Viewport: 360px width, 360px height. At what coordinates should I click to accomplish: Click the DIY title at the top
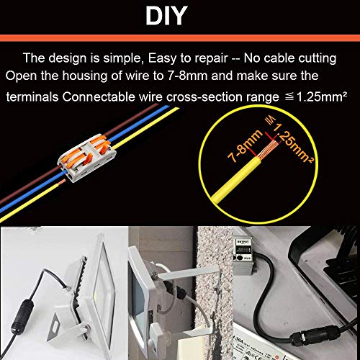pyautogui.click(x=179, y=16)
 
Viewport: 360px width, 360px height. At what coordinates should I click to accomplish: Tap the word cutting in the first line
pyautogui.click(x=316, y=58)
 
